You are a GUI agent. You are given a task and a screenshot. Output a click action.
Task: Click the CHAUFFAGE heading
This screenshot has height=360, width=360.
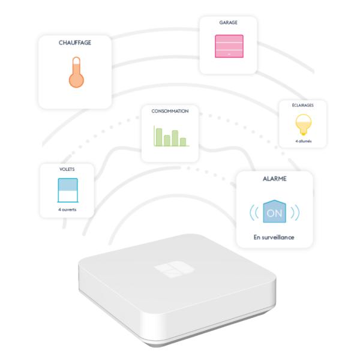(x=75, y=43)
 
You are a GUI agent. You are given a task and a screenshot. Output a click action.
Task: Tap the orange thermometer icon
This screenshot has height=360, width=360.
(x=76, y=72)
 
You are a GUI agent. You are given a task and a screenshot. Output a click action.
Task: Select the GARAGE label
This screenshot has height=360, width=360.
(x=228, y=23)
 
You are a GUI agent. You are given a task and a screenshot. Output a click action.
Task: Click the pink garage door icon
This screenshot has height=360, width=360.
(x=229, y=46)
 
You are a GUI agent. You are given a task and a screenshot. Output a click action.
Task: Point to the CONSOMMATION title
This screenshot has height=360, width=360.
(x=170, y=111)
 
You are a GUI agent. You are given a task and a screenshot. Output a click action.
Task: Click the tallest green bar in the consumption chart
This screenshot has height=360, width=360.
(x=159, y=137)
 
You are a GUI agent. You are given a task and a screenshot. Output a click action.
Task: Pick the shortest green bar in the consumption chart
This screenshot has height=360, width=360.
(x=183, y=142)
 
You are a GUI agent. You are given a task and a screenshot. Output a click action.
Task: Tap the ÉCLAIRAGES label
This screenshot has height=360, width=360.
(x=302, y=105)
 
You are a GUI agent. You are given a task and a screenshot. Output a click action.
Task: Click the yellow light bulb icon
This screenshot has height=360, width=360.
(x=304, y=125)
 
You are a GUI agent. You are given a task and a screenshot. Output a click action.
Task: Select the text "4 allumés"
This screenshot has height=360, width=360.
(x=303, y=141)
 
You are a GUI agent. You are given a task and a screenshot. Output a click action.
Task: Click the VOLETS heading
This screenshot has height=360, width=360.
(x=67, y=169)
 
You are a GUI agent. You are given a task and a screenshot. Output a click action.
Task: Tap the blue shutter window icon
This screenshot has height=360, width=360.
(x=68, y=190)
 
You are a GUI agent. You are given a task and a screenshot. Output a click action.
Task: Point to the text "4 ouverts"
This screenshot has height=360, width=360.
(x=67, y=209)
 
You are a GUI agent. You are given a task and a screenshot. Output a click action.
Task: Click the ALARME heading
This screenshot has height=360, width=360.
(x=275, y=179)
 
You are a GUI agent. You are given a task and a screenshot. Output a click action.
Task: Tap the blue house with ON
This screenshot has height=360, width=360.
(x=275, y=211)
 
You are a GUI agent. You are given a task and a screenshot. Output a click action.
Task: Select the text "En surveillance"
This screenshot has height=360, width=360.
(x=274, y=237)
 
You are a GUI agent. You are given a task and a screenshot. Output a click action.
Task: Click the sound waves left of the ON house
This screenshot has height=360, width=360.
(x=254, y=212)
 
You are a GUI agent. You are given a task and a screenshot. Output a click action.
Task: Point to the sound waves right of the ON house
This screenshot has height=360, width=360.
(x=295, y=212)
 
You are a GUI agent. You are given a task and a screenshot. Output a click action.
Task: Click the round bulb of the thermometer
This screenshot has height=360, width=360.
(x=76, y=80)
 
